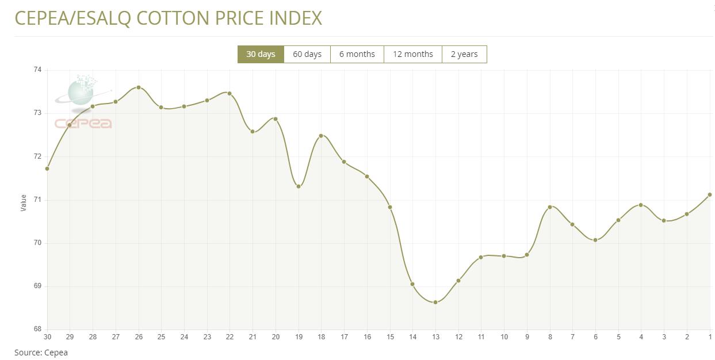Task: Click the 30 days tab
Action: point(261,54)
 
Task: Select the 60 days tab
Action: point(307,54)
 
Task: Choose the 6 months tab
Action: point(357,54)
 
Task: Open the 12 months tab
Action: point(413,54)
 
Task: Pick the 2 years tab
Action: point(464,54)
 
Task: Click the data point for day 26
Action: point(139,87)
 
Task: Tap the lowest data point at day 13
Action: point(435,302)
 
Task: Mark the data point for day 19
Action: point(299,186)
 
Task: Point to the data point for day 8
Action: point(550,207)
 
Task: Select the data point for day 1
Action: point(710,194)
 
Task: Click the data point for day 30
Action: point(47,168)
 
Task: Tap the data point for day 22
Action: point(230,93)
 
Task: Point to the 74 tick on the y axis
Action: point(38,70)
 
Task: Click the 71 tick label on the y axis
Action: point(38,200)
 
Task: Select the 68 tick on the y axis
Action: point(38,330)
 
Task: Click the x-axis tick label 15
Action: point(390,337)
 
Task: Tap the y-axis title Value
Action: point(24,202)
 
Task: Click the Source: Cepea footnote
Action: point(41,353)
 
